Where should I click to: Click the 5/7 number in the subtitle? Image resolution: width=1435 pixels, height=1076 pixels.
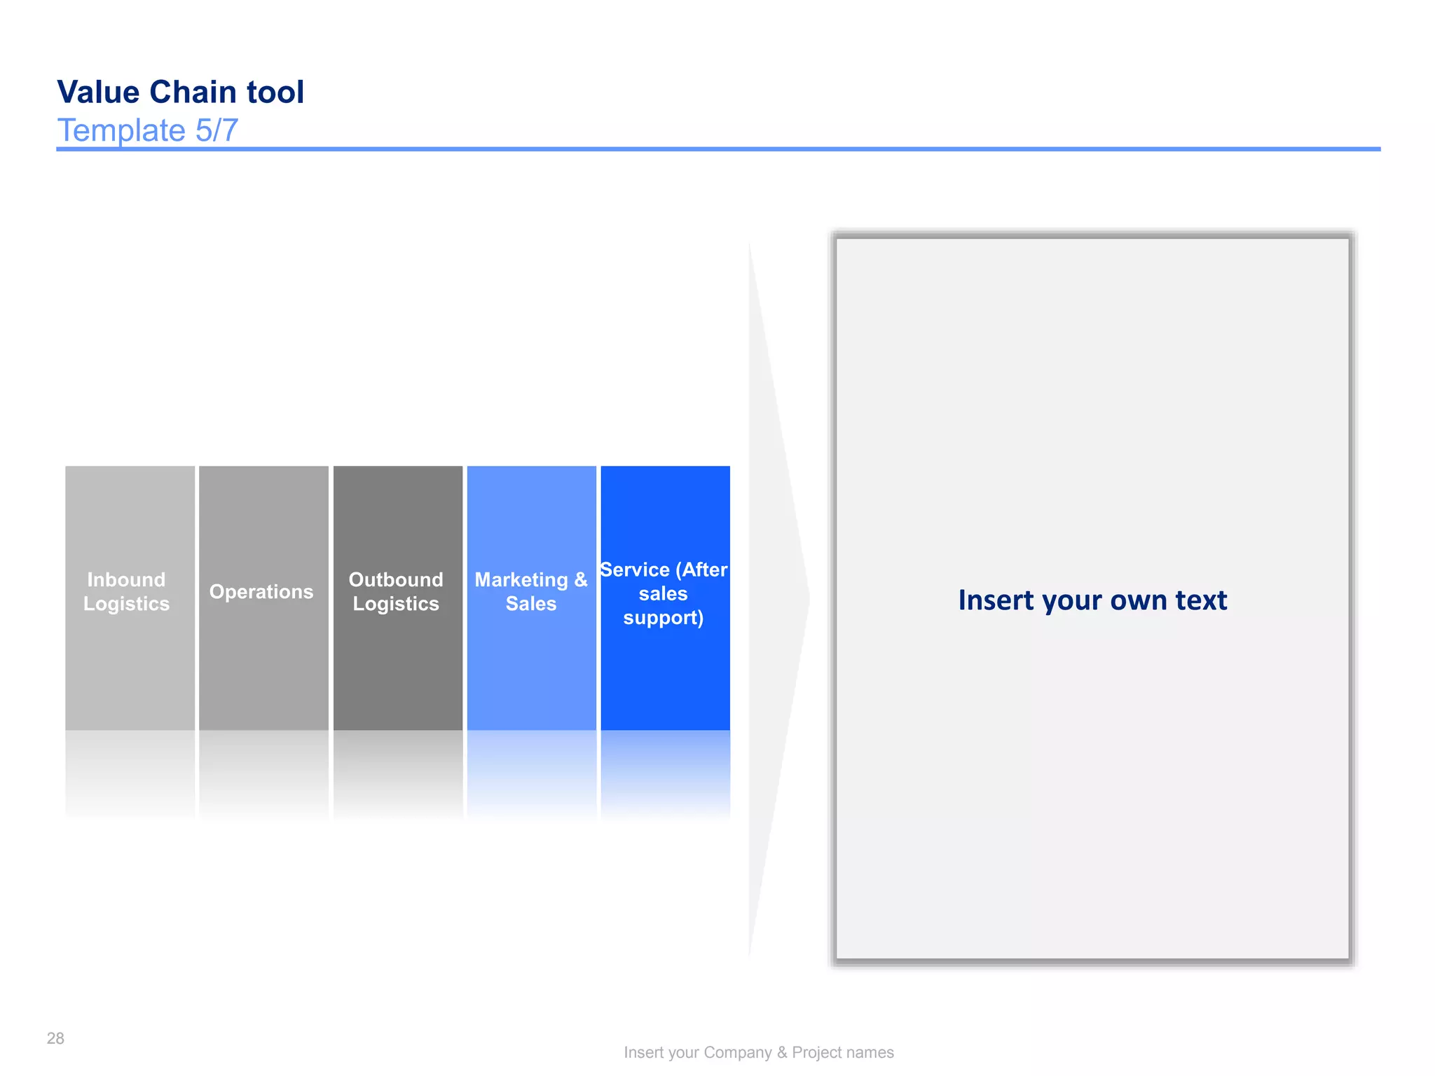[217, 131]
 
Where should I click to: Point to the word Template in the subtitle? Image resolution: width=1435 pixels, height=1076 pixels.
[121, 131]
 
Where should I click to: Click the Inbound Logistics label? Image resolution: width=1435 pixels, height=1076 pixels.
[127, 592]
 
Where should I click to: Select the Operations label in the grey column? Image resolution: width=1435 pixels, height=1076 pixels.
[261, 592]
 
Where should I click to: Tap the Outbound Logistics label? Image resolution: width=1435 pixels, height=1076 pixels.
[396, 592]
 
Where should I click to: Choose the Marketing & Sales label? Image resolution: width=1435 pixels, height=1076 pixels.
[530, 592]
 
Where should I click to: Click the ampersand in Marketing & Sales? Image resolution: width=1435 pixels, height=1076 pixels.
[580, 580]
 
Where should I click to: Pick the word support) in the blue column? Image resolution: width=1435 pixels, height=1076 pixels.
[663, 618]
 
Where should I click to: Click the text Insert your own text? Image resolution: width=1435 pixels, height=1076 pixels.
[1092, 600]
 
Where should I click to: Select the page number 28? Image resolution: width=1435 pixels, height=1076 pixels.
[55, 1038]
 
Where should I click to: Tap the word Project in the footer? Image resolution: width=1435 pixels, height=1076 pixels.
[816, 1052]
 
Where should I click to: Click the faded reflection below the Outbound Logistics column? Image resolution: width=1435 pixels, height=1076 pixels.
[397, 771]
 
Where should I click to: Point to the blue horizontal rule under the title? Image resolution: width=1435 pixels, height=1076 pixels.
[717, 149]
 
